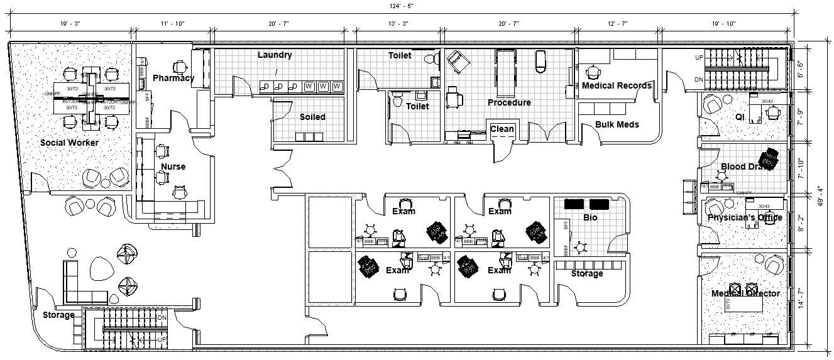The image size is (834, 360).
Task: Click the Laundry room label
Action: click(275, 55)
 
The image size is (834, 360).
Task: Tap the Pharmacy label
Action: click(173, 79)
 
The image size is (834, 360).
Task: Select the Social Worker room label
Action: click(69, 143)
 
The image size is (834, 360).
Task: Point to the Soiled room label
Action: click(312, 117)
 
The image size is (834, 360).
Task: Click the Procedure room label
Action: click(509, 102)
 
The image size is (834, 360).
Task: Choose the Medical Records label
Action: click(617, 85)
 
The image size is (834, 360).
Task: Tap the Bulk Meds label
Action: click(617, 124)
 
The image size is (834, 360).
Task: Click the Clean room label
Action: click(502, 129)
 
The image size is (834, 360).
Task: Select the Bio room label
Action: click(590, 217)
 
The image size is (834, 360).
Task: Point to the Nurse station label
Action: click(173, 166)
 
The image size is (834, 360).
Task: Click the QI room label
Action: click(740, 117)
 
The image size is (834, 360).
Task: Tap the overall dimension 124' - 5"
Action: click(400, 6)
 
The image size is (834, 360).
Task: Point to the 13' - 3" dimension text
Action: click(398, 23)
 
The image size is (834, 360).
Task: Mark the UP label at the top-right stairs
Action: click(700, 58)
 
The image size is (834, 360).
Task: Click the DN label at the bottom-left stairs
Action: click(162, 318)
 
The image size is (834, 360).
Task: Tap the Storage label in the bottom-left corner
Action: click(58, 315)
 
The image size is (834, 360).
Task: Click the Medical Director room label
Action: click(745, 293)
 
